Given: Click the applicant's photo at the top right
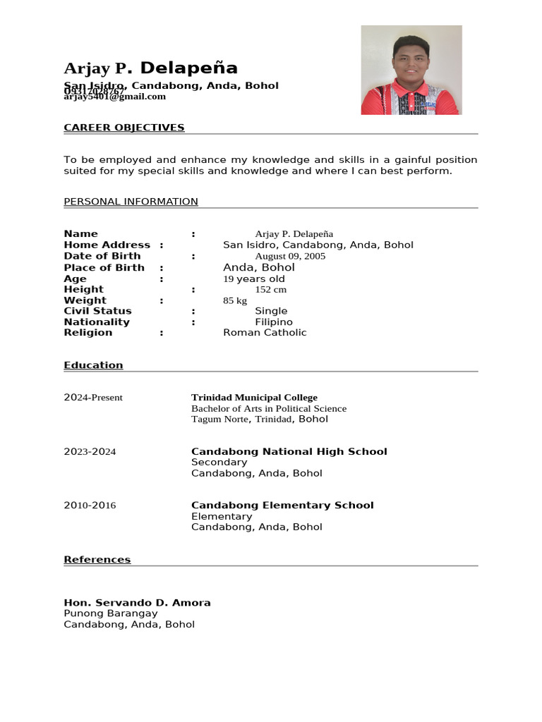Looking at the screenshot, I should pos(411,70).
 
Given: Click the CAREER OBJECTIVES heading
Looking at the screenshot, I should pos(124,128).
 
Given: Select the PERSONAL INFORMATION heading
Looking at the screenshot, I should pos(131,202).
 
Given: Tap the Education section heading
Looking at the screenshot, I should pos(93,365).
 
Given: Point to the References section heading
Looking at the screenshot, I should pos(97,560).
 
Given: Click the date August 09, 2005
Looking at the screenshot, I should pos(290,256).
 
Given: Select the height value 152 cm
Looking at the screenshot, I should pos(270,290).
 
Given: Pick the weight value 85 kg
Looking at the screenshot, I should pos(235,300).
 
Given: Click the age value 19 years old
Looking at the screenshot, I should pos(254,279).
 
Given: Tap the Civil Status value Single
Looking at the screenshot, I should pos(271,311).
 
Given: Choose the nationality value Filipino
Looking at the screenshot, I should pos(274,322).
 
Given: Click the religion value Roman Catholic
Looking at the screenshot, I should pos(265,333).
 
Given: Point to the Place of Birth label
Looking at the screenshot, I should pos(104,267).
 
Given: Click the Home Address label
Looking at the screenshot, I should pos(107,245).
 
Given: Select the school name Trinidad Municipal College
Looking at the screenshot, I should pos(254,398).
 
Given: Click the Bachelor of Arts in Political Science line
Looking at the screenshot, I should pos(269,408).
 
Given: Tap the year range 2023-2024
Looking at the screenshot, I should pos(90,452).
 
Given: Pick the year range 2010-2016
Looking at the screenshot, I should pos(90,506).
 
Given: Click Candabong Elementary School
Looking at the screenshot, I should pos(282,506).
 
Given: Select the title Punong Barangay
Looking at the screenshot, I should pos(111,613).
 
